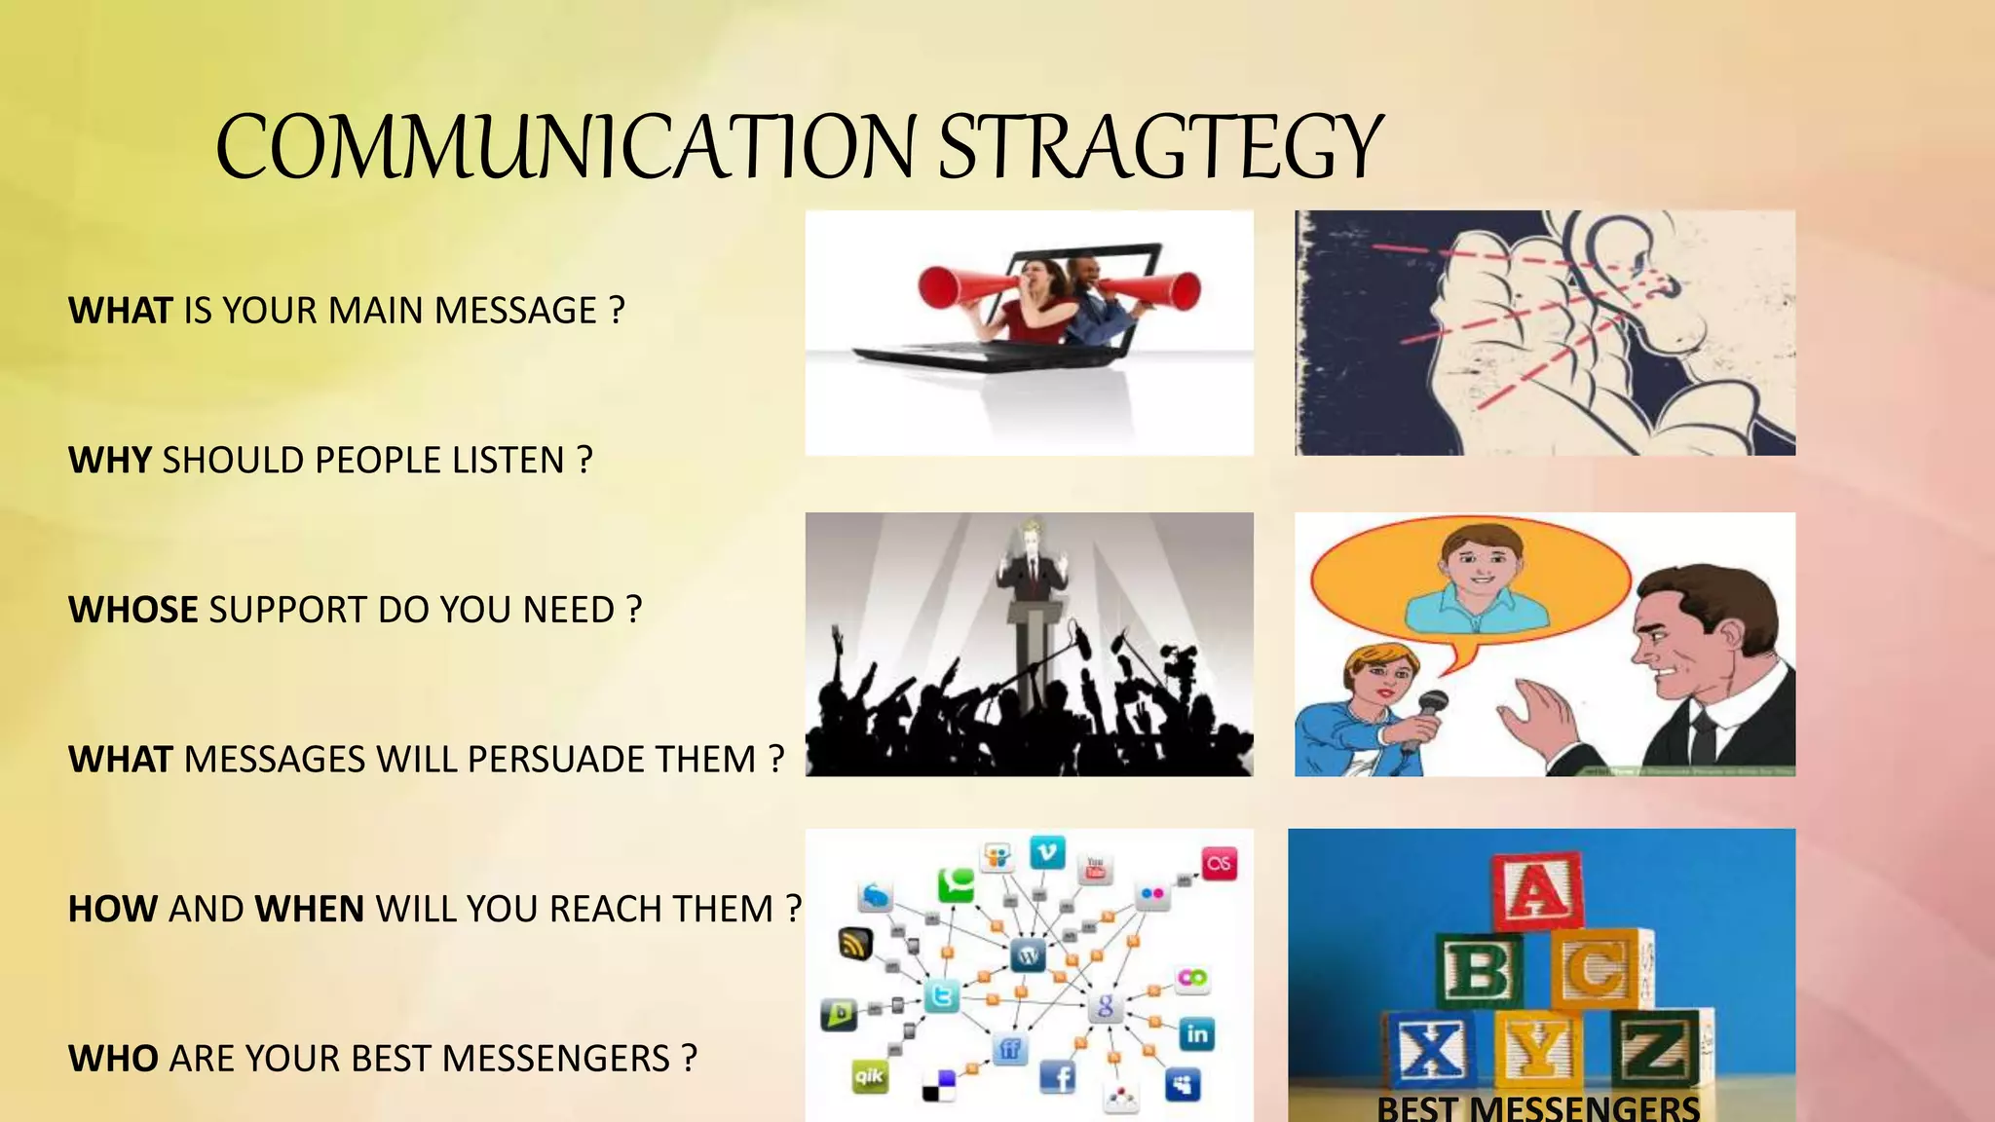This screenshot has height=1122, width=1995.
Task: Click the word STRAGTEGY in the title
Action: point(1159,148)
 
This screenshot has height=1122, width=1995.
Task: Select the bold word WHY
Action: point(110,461)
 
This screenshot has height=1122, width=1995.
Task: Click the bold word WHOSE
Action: point(133,611)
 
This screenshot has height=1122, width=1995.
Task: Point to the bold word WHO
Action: point(113,1059)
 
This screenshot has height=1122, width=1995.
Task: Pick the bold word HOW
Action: point(113,910)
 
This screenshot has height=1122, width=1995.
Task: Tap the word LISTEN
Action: point(508,461)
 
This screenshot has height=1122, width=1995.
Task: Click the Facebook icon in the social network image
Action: point(1058,1077)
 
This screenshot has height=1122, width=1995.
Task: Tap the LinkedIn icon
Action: point(1196,1033)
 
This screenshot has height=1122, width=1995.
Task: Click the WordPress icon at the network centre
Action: point(1028,954)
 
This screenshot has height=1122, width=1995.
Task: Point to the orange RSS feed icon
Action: point(855,943)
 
